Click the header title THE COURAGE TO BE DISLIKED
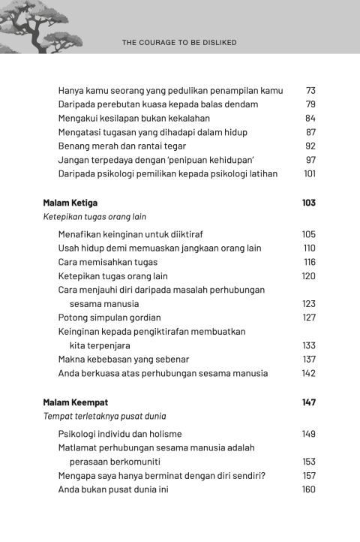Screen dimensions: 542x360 tap(179, 43)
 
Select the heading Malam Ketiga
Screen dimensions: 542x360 tap(70, 203)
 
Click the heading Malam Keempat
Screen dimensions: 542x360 tap(76, 402)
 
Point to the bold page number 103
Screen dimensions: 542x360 tap(308, 203)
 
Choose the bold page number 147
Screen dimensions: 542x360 tap(308, 402)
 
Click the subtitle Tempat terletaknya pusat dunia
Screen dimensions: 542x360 tap(104, 416)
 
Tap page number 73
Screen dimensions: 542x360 tap(310, 91)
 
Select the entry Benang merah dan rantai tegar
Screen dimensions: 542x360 tap(122, 146)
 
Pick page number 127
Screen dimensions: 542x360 tap(309, 318)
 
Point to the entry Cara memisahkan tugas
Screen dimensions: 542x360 tap(105, 262)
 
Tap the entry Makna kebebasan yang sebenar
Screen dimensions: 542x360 tap(124, 360)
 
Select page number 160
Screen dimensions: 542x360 tap(308, 489)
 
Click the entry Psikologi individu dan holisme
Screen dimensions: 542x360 tap(120, 434)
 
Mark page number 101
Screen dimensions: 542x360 tap(309, 174)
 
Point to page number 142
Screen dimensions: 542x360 tap(308, 373)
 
